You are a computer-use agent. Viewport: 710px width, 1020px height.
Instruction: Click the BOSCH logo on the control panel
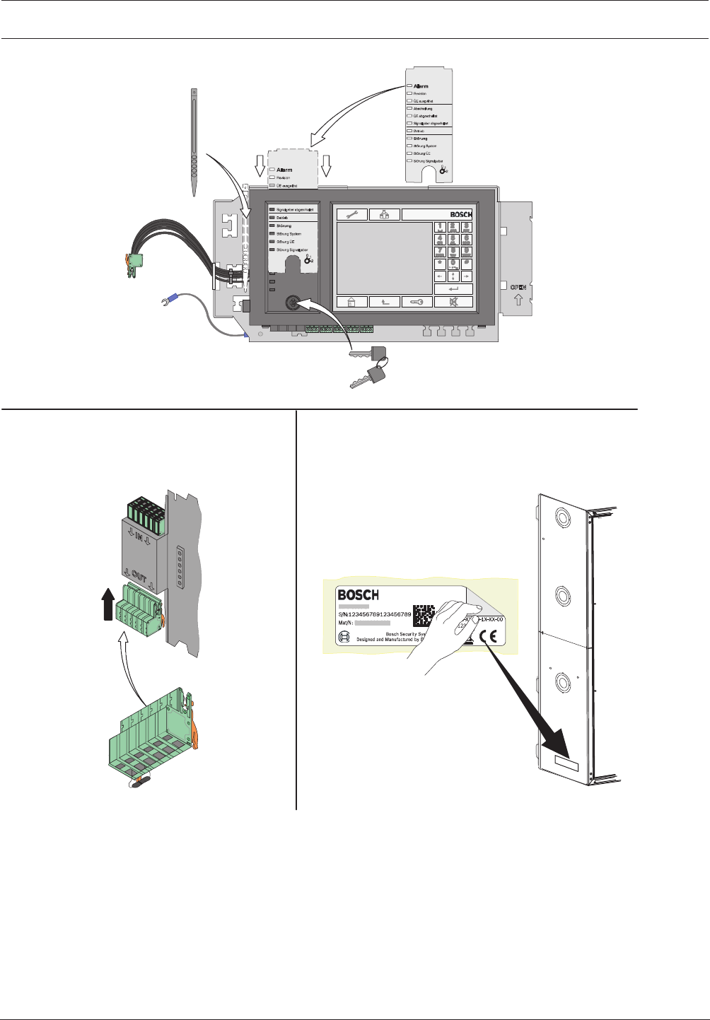pos(461,214)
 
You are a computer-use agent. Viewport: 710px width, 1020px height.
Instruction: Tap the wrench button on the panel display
pos(351,214)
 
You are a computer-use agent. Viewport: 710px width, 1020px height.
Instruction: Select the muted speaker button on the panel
pos(453,302)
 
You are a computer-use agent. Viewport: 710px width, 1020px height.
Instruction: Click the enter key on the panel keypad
pos(453,288)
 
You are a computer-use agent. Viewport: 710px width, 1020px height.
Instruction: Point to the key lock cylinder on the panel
pos(291,303)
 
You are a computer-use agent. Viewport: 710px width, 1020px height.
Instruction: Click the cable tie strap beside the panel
pos(194,141)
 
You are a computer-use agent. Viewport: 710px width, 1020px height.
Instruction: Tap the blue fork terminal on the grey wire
pos(168,305)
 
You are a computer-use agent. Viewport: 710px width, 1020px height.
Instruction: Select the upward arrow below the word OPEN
pos(518,300)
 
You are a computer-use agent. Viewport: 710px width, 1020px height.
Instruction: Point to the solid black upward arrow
pos(107,606)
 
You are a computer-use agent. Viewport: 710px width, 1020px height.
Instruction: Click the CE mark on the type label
pos(488,635)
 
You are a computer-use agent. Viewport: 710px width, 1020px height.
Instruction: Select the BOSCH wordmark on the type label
pos(359,595)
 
